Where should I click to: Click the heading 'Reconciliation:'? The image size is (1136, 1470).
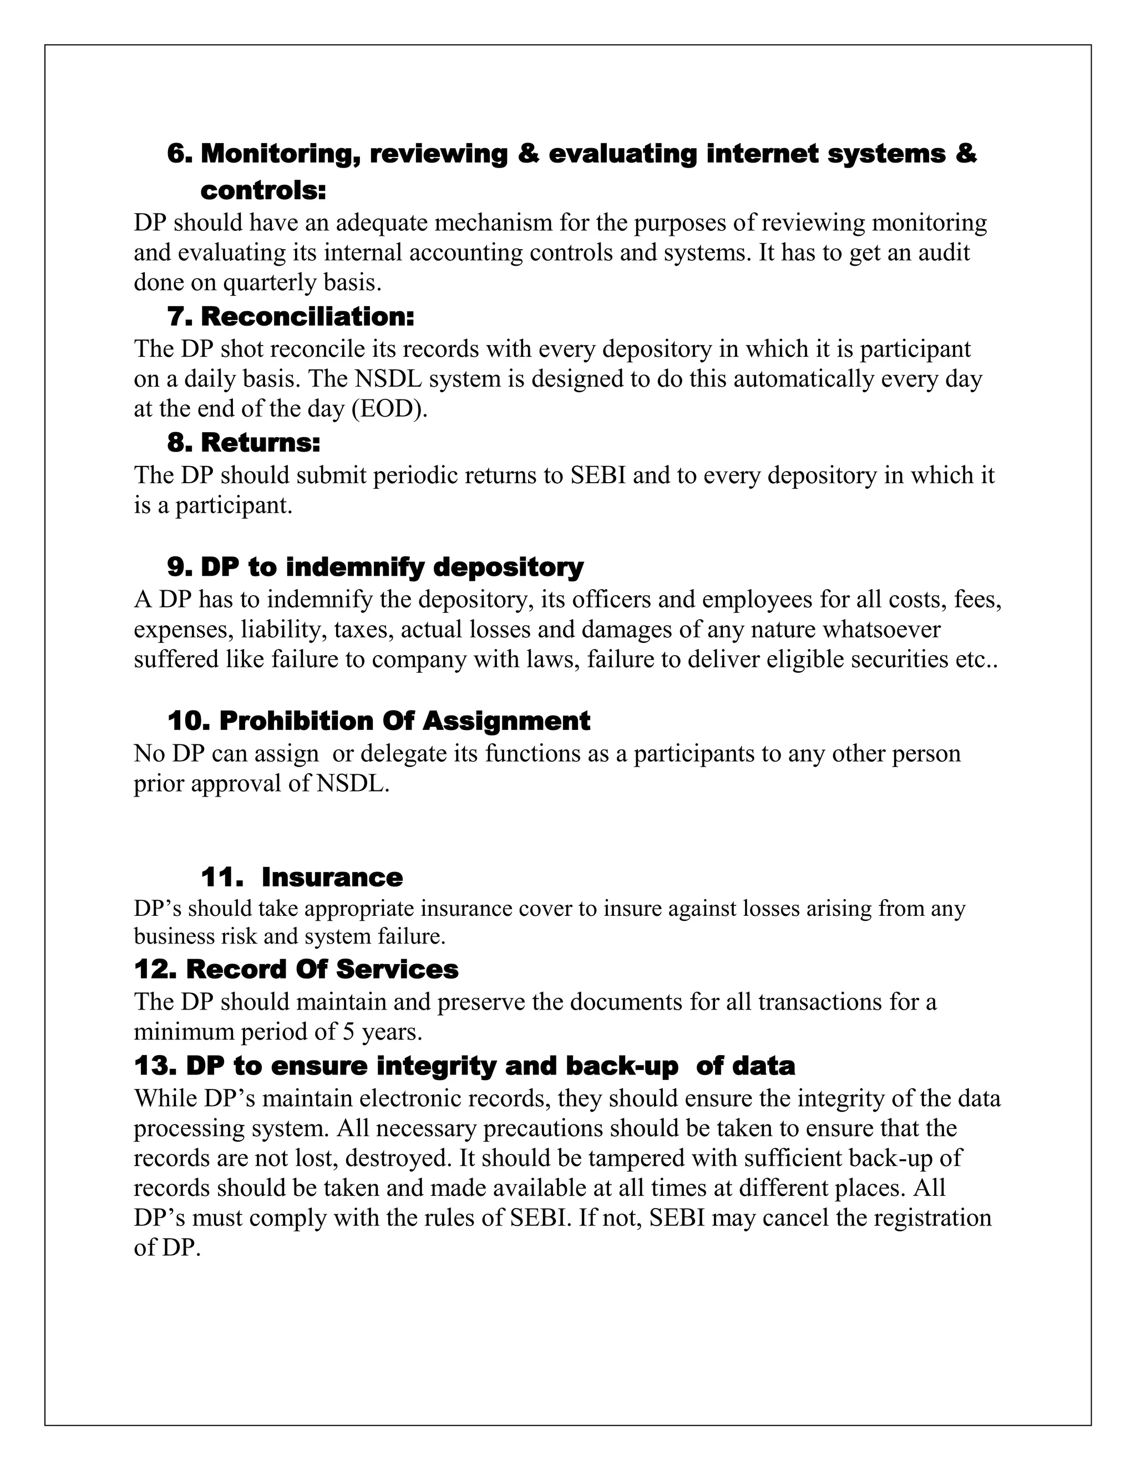(307, 316)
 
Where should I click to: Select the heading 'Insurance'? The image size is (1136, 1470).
(332, 878)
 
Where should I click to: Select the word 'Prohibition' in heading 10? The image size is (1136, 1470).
(296, 721)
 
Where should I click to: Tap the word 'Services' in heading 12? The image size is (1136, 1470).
(397, 970)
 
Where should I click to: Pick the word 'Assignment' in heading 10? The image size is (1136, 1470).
(506, 721)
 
